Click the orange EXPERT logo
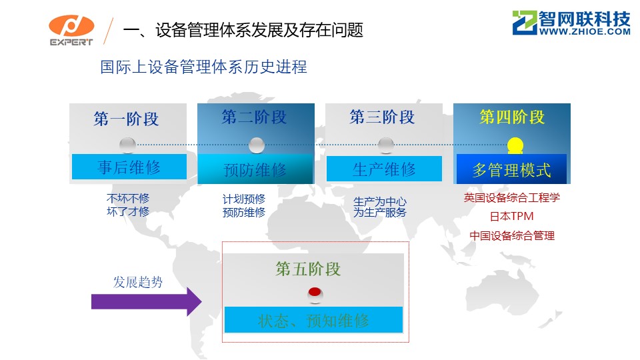coord(71,30)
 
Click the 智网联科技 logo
coord(571,23)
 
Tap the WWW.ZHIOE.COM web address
coord(585,31)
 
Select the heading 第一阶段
coord(126,119)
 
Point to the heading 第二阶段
coord(254,117)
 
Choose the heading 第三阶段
coord(383,117)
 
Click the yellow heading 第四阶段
coord(512,117)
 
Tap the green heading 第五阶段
coord(308,269)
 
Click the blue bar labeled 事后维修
coord(129,167)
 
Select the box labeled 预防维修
coord(255,169)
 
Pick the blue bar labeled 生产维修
coord(384,169)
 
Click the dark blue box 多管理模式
coord(511,169)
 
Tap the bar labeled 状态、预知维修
coord(313,320)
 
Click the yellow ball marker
coord(515,145)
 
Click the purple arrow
coord(146,301)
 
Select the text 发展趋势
coord(138,281)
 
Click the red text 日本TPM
coord(512,216)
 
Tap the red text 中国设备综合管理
coord(512,235)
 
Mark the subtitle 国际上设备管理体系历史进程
coord(204,67)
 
